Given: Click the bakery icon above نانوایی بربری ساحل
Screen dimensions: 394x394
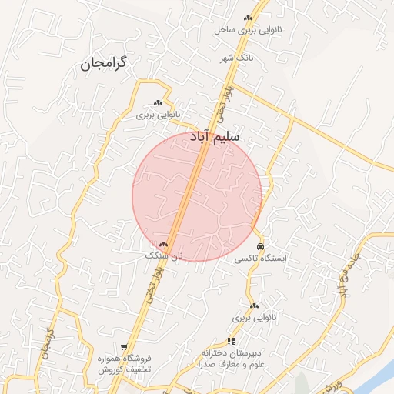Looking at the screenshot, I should (248, 18).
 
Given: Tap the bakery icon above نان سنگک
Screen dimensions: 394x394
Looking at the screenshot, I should (163, 244).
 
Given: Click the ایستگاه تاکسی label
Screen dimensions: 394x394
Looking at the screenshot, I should (262, 259).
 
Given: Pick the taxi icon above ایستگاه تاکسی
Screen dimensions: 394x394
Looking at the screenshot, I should (261, 246).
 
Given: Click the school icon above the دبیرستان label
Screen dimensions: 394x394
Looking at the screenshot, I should (230, 341).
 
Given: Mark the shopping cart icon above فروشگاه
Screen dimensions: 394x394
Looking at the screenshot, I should (124, 348).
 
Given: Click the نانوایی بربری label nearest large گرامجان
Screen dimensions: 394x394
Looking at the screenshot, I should (158, 115).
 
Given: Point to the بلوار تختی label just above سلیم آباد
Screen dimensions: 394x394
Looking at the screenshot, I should (224, 105).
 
